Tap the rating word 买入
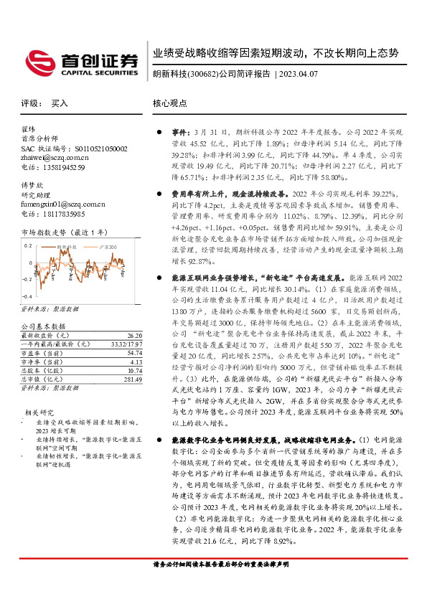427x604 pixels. point(60,103)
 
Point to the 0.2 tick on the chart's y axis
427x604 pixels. point(28,245)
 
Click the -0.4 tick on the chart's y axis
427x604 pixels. point(27,296)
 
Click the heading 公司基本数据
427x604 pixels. point(44,326)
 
